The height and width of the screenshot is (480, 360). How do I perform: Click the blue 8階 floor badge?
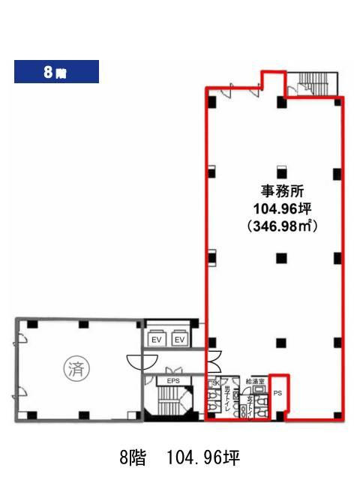(56, 73)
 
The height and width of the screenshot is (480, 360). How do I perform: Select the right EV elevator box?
(180, 340)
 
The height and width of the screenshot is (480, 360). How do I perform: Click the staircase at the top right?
(313, 82)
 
